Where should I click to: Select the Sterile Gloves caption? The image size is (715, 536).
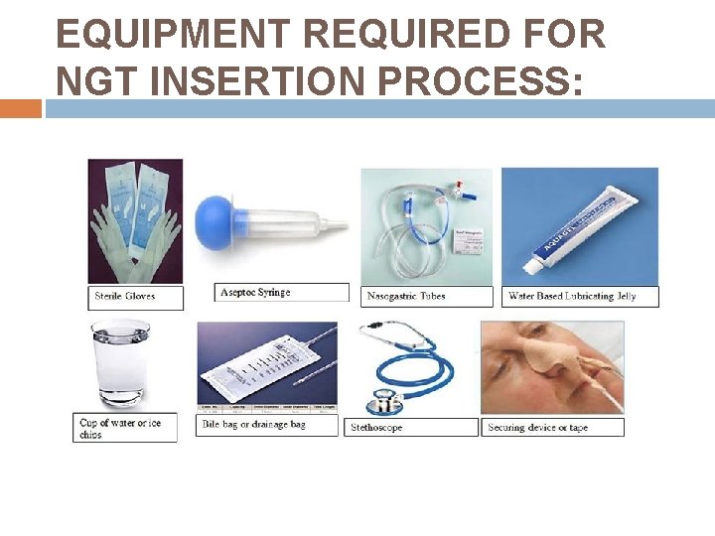click(x=125, y=296)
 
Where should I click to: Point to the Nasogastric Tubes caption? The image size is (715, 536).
click(x=406, y=296)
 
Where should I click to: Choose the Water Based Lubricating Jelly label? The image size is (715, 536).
click(x=571, y=296)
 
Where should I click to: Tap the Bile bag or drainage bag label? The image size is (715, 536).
click(x=254, y=425)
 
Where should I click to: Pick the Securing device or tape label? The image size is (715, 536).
click(x=537, y=428)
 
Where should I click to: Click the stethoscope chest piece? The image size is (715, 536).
click(x=384, y=401)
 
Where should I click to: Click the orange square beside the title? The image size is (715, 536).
click(x=20, y=108)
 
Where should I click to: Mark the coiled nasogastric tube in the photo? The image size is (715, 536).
click(x=397, y=248)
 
